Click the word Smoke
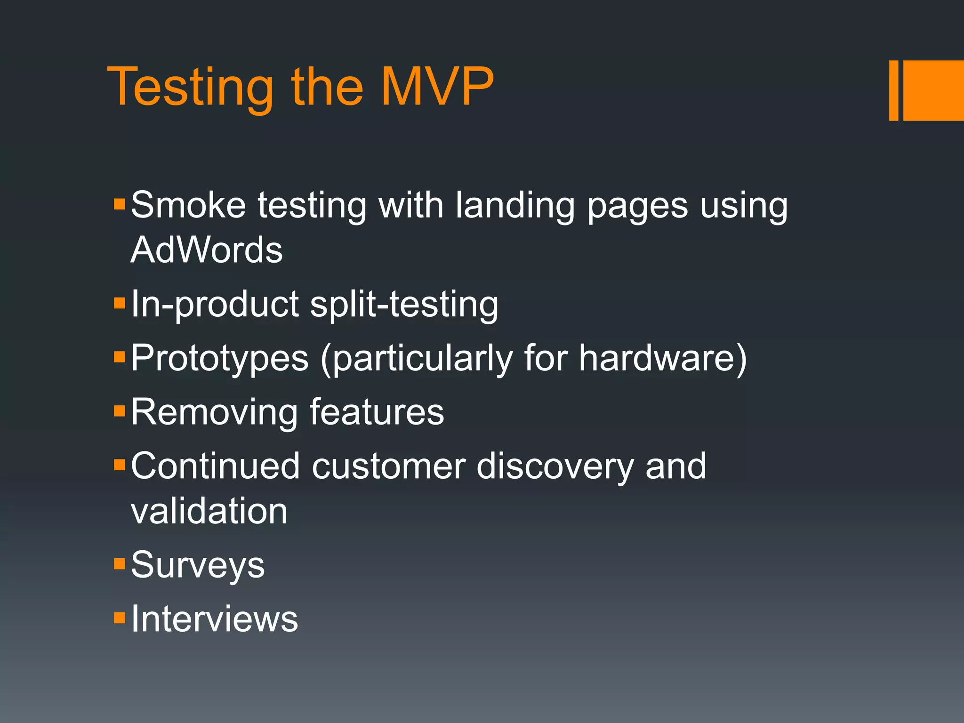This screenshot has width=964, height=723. coord(188,205)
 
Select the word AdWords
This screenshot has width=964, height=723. coord(207,249)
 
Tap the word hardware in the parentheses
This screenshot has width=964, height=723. coord(657,358)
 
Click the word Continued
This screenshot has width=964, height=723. coord(215,466)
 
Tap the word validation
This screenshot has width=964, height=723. coord(209,511)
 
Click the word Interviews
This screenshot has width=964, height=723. coord(214,619)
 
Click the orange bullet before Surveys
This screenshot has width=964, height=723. coord(120,563)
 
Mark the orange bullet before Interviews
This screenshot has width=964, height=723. coord(120,617)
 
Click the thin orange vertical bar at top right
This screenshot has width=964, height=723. coord(893,90)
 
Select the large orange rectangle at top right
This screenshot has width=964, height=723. coord(933,90)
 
